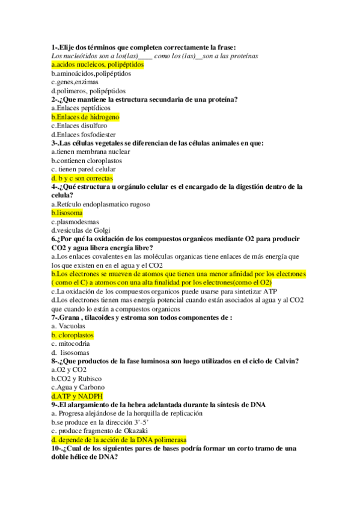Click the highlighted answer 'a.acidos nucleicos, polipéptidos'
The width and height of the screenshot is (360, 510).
pyautogui.click(x=97, y=64)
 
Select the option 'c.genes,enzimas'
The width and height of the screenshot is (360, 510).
pyautogui.click(x=76, y=82)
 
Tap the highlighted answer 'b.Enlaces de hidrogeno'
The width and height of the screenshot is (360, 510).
pyautogui.click(x=85, y=117)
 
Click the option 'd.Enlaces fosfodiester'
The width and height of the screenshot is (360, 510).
pyautogui.click(x=84, y=135)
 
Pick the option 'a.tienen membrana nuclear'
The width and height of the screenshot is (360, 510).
pyautogui.click(x=90, y=152)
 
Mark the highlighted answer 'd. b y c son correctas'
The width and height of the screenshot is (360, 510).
pyautogui.click(x=82, y=179)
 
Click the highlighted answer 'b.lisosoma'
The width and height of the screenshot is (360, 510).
pyautogui.click(x=67, y=214)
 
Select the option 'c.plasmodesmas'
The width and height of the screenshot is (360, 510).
pyautogui.click(x=75, y=222)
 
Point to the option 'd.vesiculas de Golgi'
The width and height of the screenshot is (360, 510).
pyautogui.click(x=82, y=230)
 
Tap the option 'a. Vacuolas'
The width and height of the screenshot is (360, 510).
pyautogui.click(x=69, y=326)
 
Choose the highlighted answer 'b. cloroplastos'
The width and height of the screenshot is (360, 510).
pyautogui.click(x=73, y=335)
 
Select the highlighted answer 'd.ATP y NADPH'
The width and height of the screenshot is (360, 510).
pyautogui.click(x=77, y=396)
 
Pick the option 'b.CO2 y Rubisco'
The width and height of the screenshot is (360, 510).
pyautogui.click(x=76, y=379)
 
